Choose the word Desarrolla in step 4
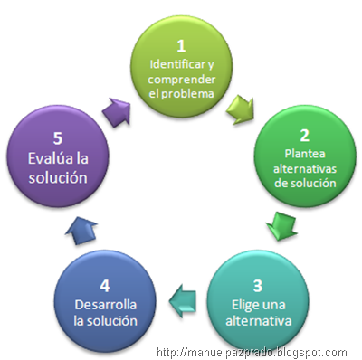coord(100,305)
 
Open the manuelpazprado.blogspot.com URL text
coord(251,352)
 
